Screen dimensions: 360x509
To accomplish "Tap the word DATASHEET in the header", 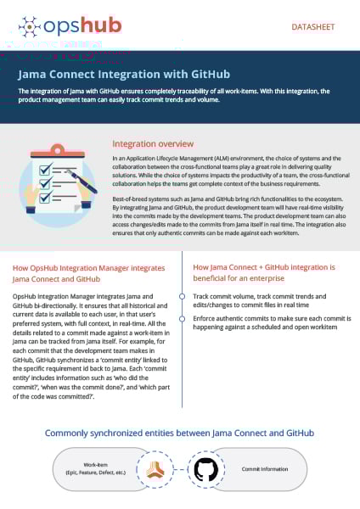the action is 313,27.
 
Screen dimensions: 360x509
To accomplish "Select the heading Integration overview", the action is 153,143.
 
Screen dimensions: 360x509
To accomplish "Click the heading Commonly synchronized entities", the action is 179,433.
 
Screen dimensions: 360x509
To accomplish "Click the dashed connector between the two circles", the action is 180,469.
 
